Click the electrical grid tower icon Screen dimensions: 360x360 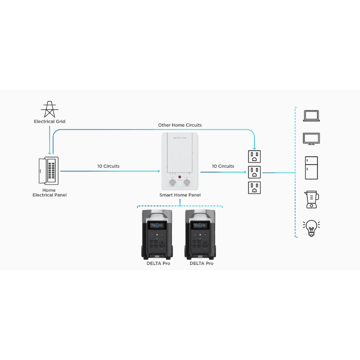(x=49, y=109)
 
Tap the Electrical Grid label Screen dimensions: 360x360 (x=49, y=121)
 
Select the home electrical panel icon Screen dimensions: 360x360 (x=49, y=170)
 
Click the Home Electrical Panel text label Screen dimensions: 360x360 (x=49, y=193)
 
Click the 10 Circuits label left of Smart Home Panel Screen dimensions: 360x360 (x=108, y=166)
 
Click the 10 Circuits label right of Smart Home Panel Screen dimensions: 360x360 (x=223, y=166)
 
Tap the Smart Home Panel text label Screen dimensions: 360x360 (x=180, y=195)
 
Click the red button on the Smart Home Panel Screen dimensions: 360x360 (x=179, y=177)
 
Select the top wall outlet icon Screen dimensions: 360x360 (x=255, y=157)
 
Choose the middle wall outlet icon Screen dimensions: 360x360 (x=255, y=172)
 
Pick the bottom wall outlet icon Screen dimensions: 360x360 (x=255, y=187)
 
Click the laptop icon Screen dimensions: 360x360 (x=311, y=116)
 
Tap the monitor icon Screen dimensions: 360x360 (x=311, y=138)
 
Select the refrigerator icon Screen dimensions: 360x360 (x=311, y=167)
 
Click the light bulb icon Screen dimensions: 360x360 (x=311, y=228)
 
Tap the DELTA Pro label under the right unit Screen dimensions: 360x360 (x=201, y=263)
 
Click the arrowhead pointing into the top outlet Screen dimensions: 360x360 (x=255, y=148)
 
